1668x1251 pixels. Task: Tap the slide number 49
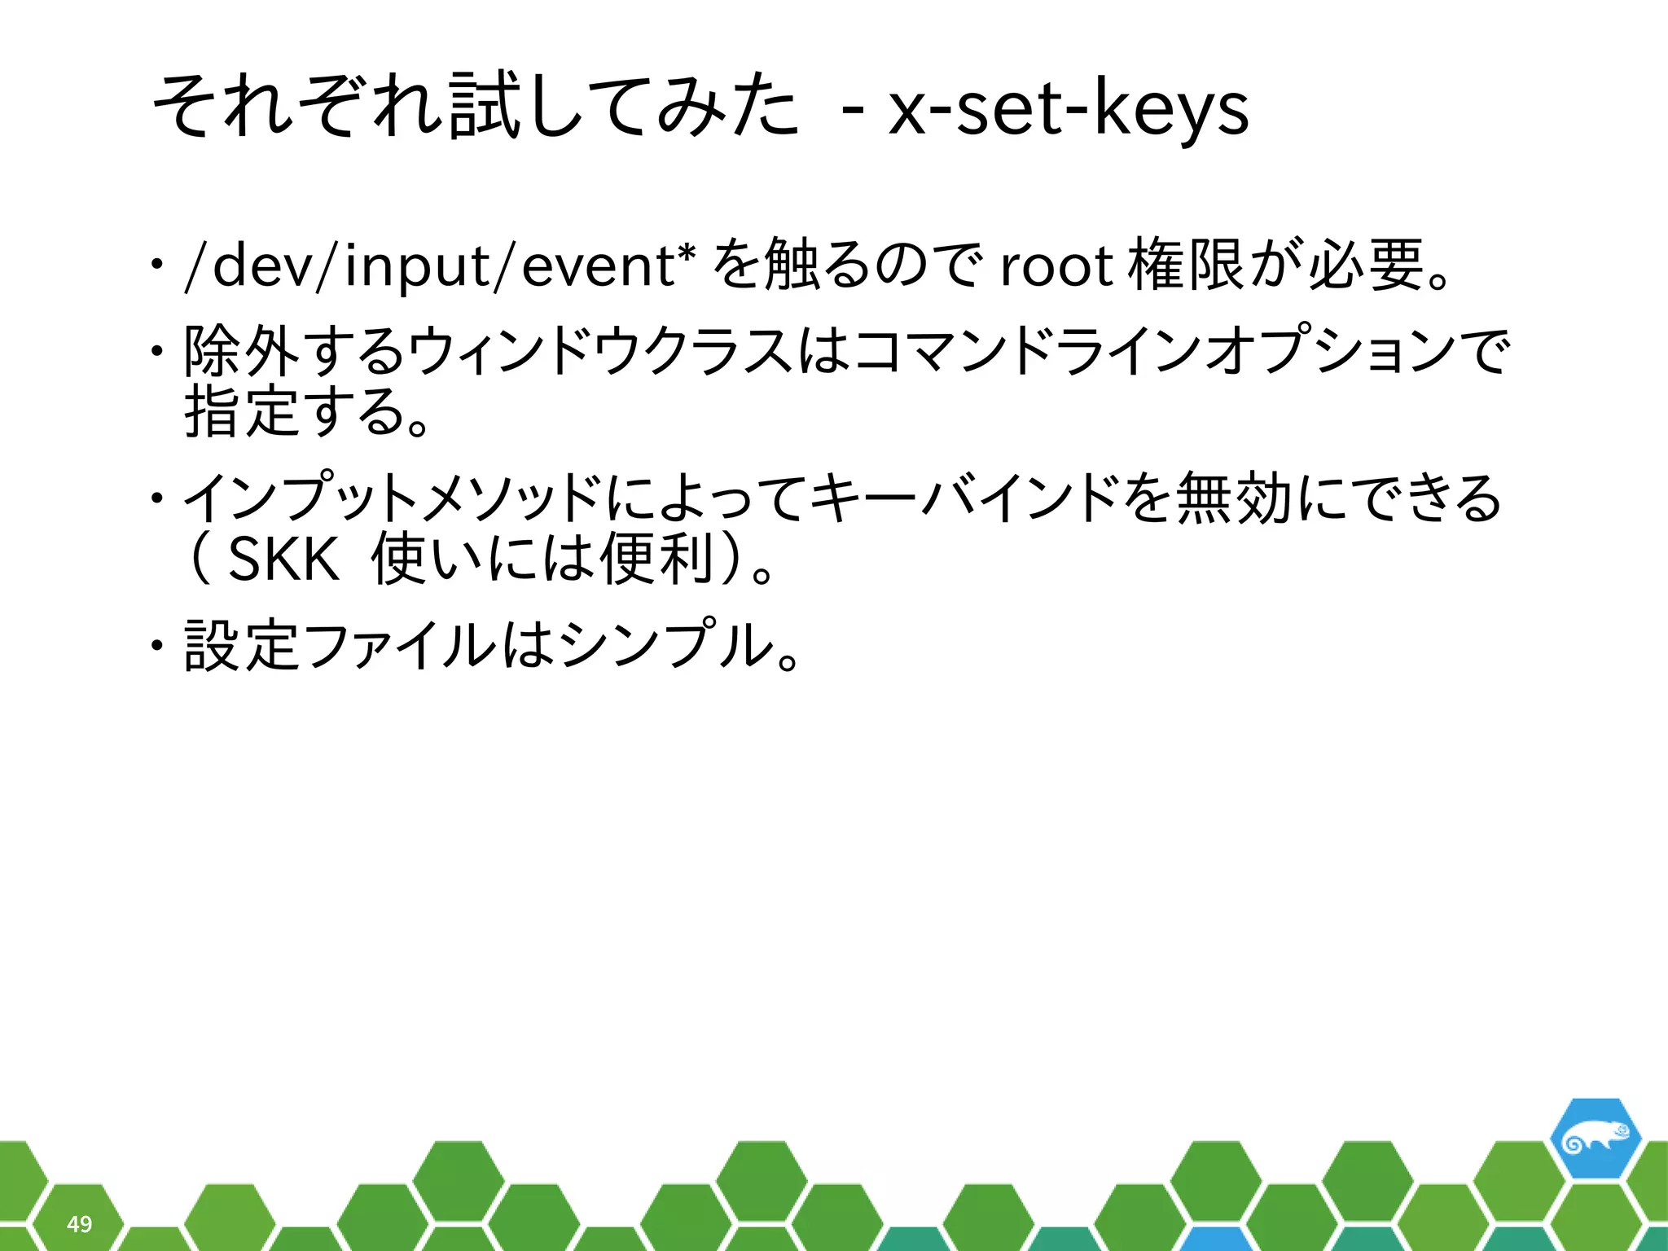tap(79, 1223)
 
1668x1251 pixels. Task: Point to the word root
tap(1056, 266)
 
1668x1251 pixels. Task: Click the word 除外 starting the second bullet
tap(241, 351)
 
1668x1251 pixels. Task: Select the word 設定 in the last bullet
tap(241, 644)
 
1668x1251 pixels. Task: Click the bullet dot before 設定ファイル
tap(155, 645)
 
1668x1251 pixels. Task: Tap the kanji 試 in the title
tap(484, 107)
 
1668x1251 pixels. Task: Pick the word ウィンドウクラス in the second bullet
tap(600, 351)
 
